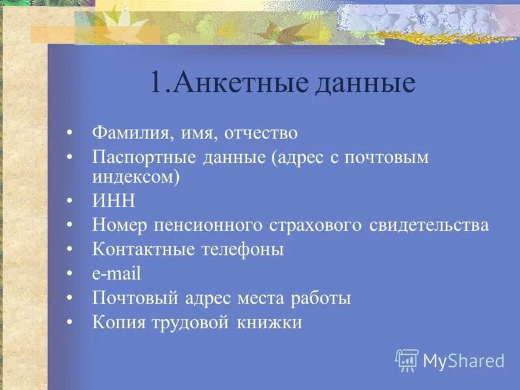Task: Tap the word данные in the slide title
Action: pyautogui.click(x=365, y=84)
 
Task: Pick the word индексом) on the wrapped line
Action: pyautogui.click(x=136, y=176)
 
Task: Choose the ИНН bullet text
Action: pyautogui.click(x=114, y=201)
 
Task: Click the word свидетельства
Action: pyautogui.click(x=429, y=226)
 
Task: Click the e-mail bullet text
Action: pyautogui.click(x=116, y=274)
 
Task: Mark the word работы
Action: pyautogui.click(x=321, y=298)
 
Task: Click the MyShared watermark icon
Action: pyautogui.click(x=407, y=360)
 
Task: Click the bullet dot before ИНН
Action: pyautogui.click(x=70, y=201)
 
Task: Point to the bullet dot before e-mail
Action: pyautogui.click(x=70, y=274)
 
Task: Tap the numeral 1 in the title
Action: pyautogui.click(x=156, y=83)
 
